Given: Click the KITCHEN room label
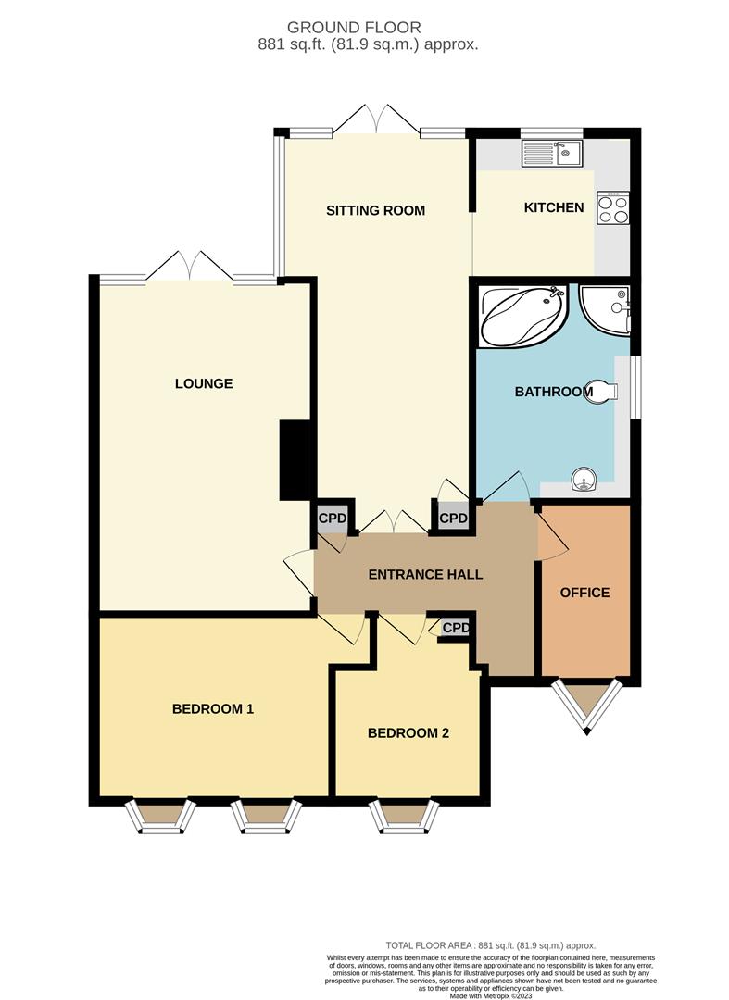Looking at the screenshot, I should (554, 207).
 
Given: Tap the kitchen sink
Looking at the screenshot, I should (551, 153).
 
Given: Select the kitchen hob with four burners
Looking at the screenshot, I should (612, 208).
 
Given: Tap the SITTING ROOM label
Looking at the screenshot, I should (375, 210).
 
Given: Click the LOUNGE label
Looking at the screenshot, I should (203, 383).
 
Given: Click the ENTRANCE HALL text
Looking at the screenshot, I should (425, 574).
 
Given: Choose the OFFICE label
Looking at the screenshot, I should (585, 593).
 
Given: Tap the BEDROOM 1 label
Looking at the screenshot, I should (213, 709).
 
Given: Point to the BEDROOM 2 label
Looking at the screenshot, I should (408, 733).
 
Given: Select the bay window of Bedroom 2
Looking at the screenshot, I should (403, 815).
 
